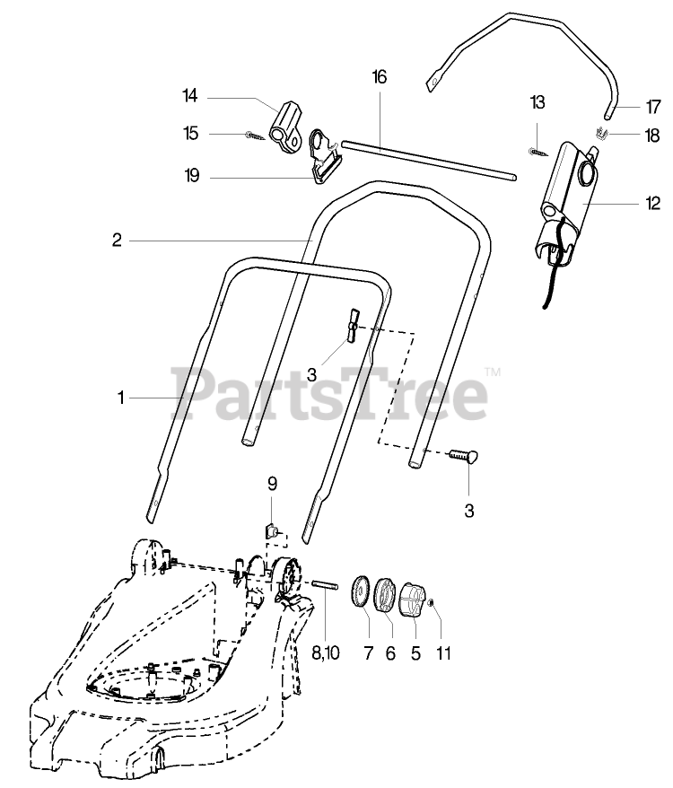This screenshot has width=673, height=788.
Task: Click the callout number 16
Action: [379, 78]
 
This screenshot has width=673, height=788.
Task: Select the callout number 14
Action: [189, 96]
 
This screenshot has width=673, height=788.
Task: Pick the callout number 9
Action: [273, 484]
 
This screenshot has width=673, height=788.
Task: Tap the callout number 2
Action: [117, 241]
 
